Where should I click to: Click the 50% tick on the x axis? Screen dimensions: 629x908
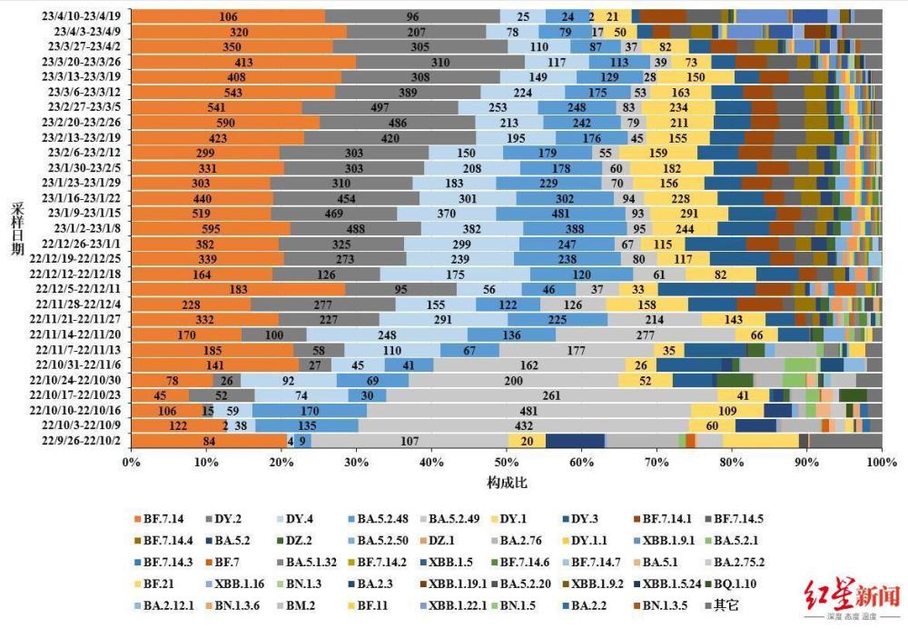[x=506, y=463]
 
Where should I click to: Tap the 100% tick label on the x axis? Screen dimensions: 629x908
[x=880, y=463]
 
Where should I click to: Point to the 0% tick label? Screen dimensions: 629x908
[x=132, y=463]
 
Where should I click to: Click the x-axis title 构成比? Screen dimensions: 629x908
[x=506, y=481]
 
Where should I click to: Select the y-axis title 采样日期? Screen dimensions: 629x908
[x=17, y=227]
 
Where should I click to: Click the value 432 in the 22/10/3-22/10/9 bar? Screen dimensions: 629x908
[x=498, y=425]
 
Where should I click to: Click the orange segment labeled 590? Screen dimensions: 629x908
[x=225, y=123]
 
